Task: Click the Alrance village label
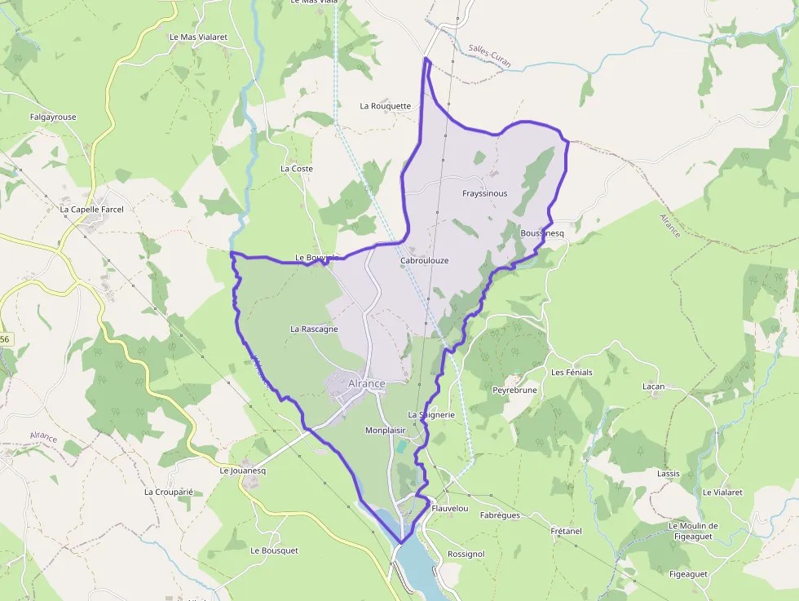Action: click(366, 383)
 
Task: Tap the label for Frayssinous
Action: click(484, 194)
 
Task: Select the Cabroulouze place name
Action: click(425, 261)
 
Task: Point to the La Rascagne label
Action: click(314, 329)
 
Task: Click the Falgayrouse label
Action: click(53, 117)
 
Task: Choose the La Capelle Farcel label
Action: click(91, 210)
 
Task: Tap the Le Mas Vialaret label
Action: click(199, 37)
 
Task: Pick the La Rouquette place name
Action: click(386, 106)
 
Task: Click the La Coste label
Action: click(297, 169)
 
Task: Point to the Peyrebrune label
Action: click(514, 391)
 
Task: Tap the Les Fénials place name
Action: click(572, 373)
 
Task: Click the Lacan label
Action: click(653, 387)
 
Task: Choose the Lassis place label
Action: click(668, 473)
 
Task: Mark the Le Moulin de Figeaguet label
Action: click(693, 531)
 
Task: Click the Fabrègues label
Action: click(500, 515)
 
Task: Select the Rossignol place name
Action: click(466, 555)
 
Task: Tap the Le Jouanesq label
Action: click(243, 471)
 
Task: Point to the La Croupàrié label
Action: click(168, 492)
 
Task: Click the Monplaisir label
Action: click(386, 431)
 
